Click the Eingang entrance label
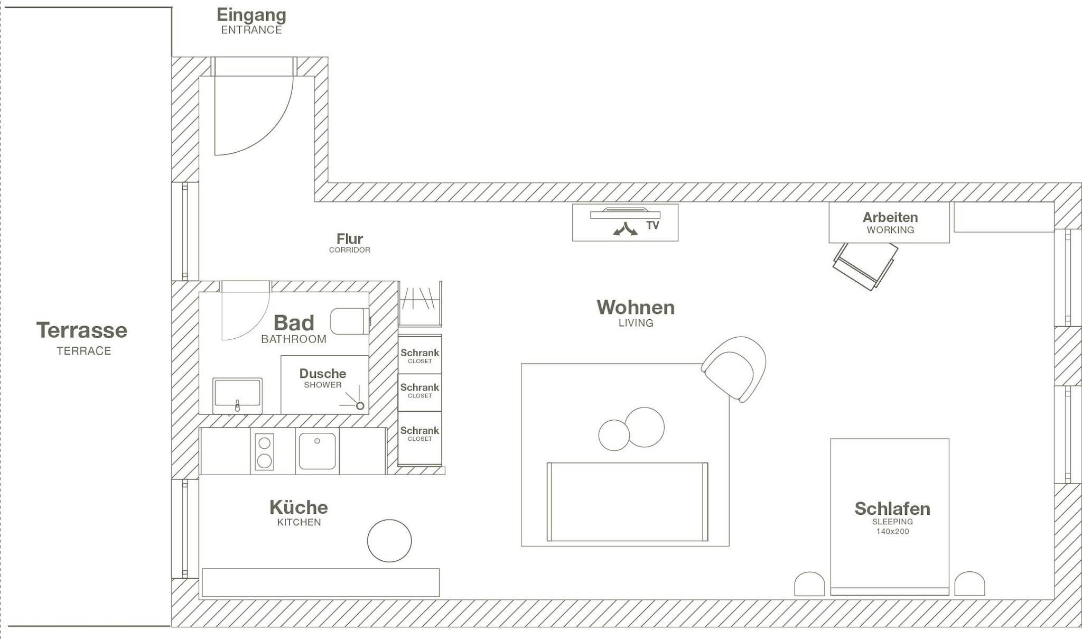tap(251, 16)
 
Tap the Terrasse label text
tap(82, 331)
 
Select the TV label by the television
tap(652, 226)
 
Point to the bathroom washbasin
tap(237, 394)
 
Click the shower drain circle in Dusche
tap(360, 406)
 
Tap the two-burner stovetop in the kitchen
tap(264, 451)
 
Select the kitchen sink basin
tap(317, 451)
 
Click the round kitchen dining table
tap(389, 541)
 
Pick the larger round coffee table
tap(645, 427)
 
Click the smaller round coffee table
tap(613, 435)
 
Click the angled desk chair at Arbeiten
tap(865, 266)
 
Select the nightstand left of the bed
tap(809, 584)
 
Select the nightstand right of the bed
tap(969, 584)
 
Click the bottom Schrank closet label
tap(419, 431)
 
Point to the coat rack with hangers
tap(419, 304)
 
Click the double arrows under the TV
tap(625, 229)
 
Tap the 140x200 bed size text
tap(892, 532)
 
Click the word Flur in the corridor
tap(350, 239)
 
